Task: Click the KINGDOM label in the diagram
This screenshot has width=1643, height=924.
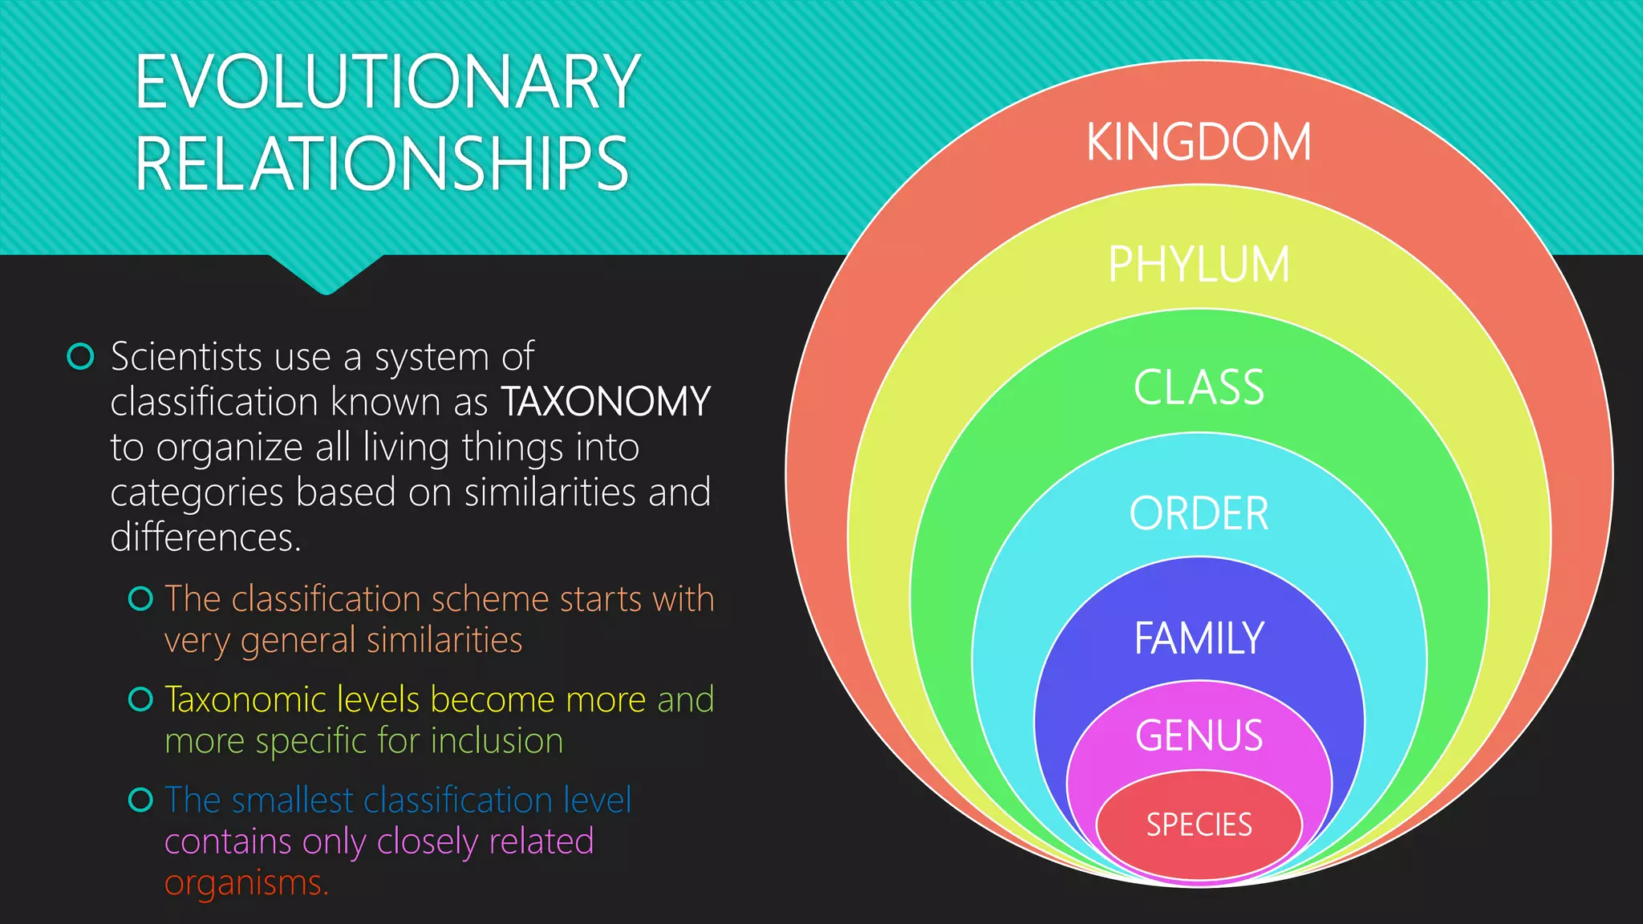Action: [1199, 143]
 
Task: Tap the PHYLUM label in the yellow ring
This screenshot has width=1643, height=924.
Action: [1199, 264]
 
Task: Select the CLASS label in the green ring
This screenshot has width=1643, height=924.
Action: [1199, 387]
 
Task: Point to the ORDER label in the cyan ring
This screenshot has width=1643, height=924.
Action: [1199, 513]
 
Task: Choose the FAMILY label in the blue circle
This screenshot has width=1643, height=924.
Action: [1199, 638]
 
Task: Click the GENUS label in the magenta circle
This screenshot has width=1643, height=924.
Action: [1199, 736]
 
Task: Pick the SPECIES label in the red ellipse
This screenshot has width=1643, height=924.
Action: [1199, 825]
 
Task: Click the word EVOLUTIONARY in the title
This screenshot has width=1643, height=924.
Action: [387, 82]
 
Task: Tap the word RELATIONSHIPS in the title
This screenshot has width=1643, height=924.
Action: [382, 164]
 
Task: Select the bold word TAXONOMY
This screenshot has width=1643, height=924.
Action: [606, 402]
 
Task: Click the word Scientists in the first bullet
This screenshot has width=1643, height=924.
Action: [187, 356]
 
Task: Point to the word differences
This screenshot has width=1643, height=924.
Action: [205, 537]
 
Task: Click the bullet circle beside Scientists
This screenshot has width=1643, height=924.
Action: [81, 356]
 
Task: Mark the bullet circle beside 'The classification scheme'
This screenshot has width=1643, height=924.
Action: [140, 598]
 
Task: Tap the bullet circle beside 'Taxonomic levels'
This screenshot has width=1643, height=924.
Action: [140, 699]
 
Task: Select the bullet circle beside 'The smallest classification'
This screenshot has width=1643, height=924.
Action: [140, 800]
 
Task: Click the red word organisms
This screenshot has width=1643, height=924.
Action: [246, 883]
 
